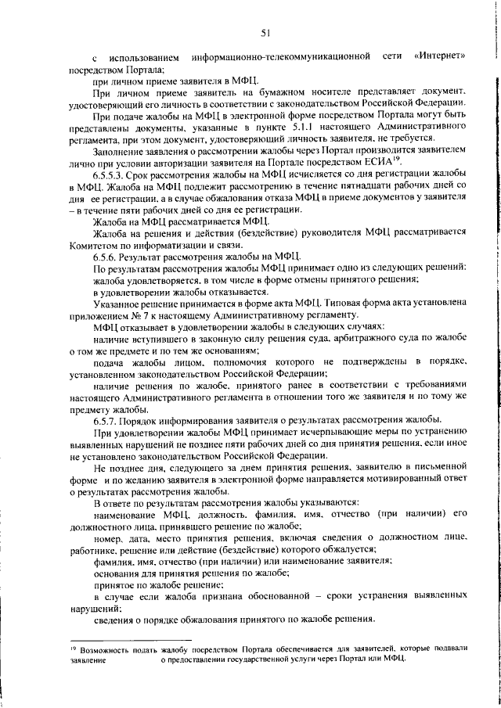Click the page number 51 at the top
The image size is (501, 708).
(x=265, y=32)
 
